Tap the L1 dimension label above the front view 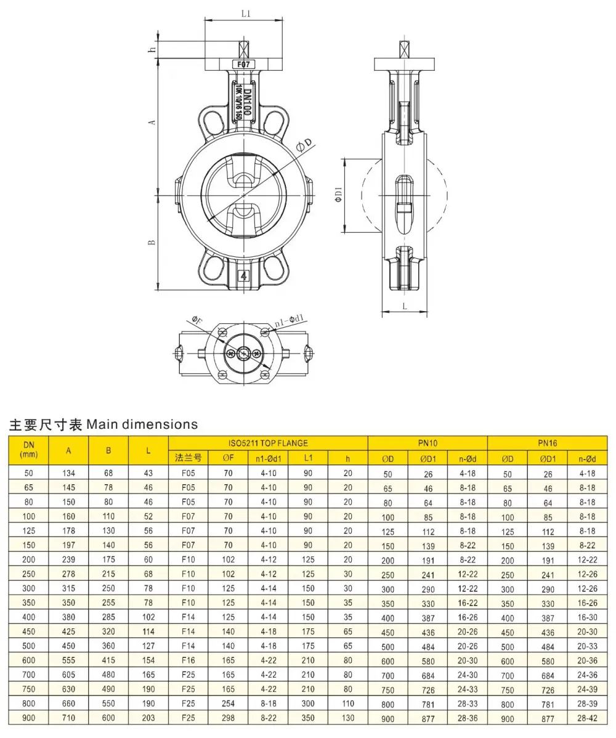pos(246,14)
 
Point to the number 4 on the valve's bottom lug pos(243,276)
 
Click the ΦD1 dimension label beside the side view pos(338,195)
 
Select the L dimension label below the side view pos(405,306)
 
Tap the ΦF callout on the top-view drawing pos(197,322)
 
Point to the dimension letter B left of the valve pos(152,242)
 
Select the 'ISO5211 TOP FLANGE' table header pos(268,444)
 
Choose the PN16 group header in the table pos(547,443)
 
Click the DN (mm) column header pos(29,450)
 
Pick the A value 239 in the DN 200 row pos(69,559)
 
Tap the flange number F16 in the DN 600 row pos(188,660)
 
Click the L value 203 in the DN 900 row pos(148,718)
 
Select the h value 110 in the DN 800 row pos(348,704)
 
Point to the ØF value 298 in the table pos(229,718)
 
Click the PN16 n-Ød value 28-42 pos(587,719)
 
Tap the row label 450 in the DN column pos(29,631)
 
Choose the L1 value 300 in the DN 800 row pos(308,704)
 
